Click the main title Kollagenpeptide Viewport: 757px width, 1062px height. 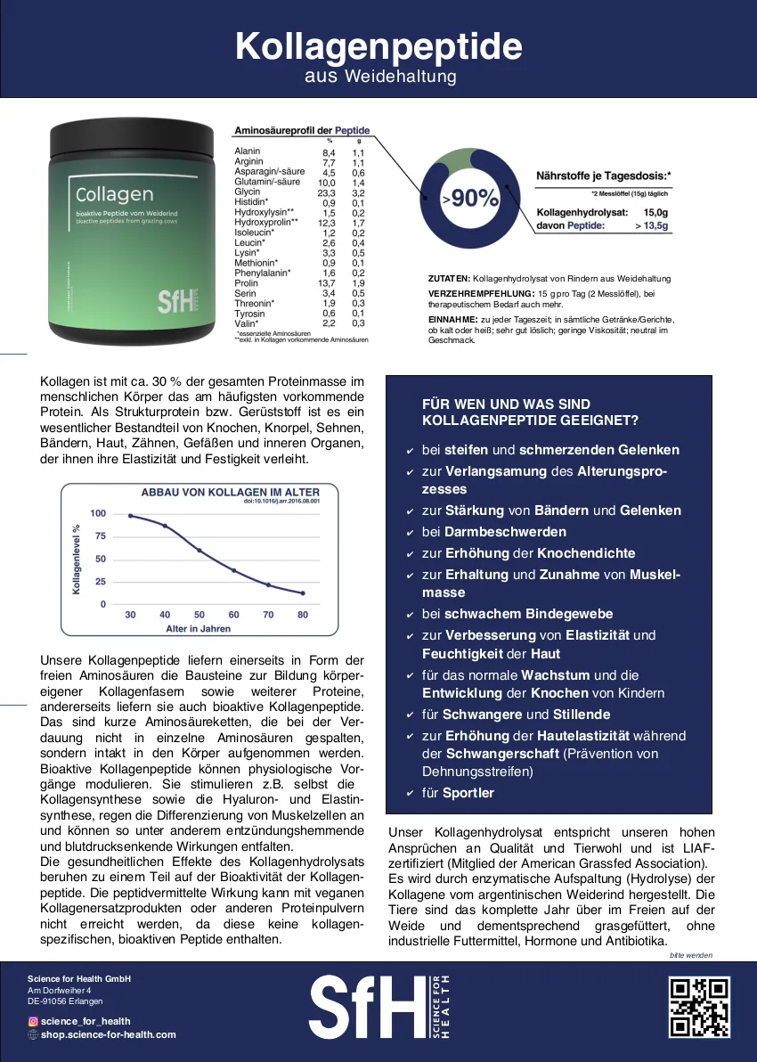tap(378, 46)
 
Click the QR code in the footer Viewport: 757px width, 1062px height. tap(699, 1007)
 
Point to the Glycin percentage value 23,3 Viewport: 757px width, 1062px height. tap(327, 192)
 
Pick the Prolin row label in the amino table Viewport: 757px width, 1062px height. tap(246, 283)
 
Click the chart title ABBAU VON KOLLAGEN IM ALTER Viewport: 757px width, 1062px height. tap(230, 492)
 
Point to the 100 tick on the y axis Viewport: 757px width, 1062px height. tap(97, 513)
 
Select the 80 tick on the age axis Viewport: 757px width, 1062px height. tap(303, 616)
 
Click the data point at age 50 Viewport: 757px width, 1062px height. tap(199, 551)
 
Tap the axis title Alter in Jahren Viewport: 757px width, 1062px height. tap(198, 629)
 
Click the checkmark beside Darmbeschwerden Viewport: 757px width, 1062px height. tap(409, 533)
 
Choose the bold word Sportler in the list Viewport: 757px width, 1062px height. tap(468, 793)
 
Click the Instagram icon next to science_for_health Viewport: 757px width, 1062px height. tap(33, 1021)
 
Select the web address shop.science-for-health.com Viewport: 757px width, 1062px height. tap(109, 1034)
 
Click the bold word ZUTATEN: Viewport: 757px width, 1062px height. tap(450, 279)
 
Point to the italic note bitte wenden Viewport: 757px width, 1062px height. tap(691, 955)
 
